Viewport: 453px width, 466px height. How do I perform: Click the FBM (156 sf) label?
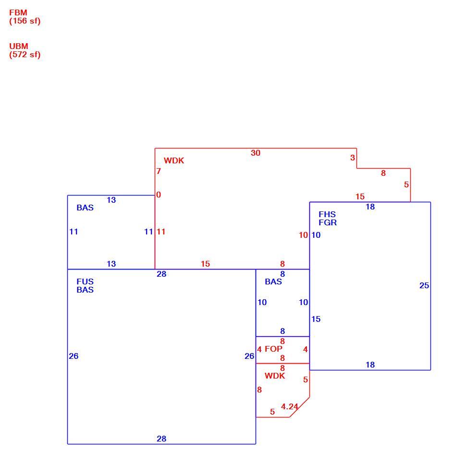[x=24, y=17]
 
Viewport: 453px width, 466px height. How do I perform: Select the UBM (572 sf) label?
[x=24, y=50]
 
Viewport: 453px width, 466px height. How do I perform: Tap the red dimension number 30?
[x=256, y=153]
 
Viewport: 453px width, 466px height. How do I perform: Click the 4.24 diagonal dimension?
[x=289, y=406]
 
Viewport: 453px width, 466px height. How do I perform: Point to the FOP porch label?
[x=273, y=349]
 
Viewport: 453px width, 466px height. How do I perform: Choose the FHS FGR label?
[x=328, y=219]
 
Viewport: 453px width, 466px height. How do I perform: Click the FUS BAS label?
[x=85, y=285]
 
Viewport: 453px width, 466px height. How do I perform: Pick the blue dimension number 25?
[x=424, y=285]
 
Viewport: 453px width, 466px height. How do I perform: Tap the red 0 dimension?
[x=159, y=195]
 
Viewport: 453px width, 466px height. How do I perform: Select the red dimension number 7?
[x=159, y=171]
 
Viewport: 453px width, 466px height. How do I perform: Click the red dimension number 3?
[x=353, y=158]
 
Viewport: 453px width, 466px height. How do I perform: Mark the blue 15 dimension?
[x=316, y=319]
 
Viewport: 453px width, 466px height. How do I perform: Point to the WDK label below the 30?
[x=174, y=160]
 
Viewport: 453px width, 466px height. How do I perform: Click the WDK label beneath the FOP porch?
[x=275, y=376]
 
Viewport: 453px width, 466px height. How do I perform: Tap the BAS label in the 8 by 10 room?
[x=273, y=282]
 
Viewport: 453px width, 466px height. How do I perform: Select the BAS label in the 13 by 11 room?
[x=85, y=208]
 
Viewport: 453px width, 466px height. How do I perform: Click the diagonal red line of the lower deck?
[x=300, y=407]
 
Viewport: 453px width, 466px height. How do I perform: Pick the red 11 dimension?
[x=161, y=232]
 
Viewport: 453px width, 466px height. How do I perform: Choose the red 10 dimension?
[x=303, y=235]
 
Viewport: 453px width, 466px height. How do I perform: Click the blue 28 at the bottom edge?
[x=161, y=439]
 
